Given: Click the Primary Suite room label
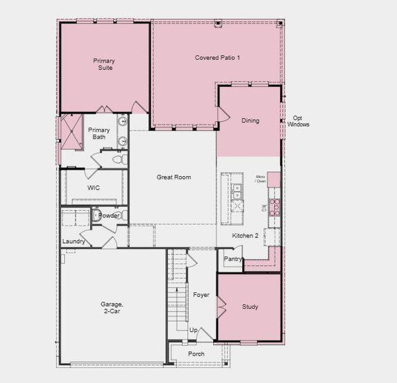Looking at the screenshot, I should pos(103,64).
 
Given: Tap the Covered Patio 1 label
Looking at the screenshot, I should pos(217,58).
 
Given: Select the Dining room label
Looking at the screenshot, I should pos(250,121).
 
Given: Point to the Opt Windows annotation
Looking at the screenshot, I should pos(297,121).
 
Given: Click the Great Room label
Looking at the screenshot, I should pos(174,177).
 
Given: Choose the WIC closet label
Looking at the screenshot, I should pos(93,188).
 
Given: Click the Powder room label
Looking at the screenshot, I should pos(109,216).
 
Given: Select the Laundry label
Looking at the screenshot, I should pos(74,241).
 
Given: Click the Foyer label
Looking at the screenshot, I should pos(201,295).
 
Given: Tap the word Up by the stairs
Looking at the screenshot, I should pos(193,330).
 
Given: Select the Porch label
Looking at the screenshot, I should pos(197,354).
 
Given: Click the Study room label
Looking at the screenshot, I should pos(250,307).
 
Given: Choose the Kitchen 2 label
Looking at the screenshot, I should pos(245,236).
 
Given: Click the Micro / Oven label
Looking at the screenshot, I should pos(260,179).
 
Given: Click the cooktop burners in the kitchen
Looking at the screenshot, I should pos(275,206).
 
